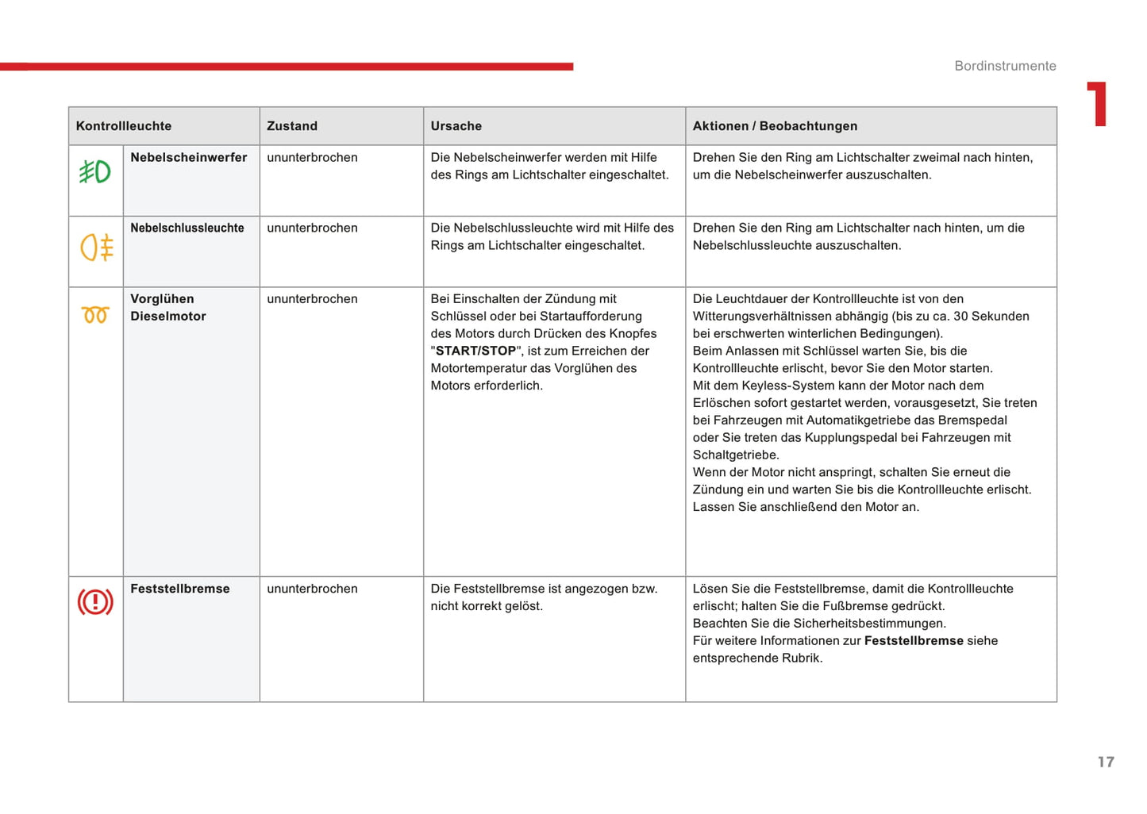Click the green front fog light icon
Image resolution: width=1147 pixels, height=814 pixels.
[95, 171]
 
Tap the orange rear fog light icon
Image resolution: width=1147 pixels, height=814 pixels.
[97, 247]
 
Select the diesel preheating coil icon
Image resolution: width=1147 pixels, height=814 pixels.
[95, 315]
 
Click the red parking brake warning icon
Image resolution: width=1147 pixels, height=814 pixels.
[95, 602]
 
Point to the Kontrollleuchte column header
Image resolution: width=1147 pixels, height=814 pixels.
[124, 126]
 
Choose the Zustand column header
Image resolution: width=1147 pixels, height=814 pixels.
[292, 126]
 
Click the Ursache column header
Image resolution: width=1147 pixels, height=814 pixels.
[456, 126]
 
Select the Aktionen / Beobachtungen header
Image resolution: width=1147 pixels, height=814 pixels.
[775, 126]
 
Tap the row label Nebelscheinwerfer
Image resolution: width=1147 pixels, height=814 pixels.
[189, 158]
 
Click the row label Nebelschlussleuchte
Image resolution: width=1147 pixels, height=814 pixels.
[187, 228]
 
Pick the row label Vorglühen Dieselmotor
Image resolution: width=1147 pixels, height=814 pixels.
[168, 308]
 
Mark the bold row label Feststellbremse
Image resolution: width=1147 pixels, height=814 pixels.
[180, 589]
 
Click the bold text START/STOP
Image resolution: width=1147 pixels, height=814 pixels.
[476, 351]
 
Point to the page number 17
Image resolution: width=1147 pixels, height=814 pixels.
[1106, 762]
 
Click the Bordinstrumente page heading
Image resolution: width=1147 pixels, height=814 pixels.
[1005, 66]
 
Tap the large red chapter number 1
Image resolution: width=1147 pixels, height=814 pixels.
[1098, 104]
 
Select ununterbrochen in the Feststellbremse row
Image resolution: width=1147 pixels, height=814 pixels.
[312, 589]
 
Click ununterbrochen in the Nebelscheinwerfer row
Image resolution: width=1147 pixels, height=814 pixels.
[312, 158]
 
